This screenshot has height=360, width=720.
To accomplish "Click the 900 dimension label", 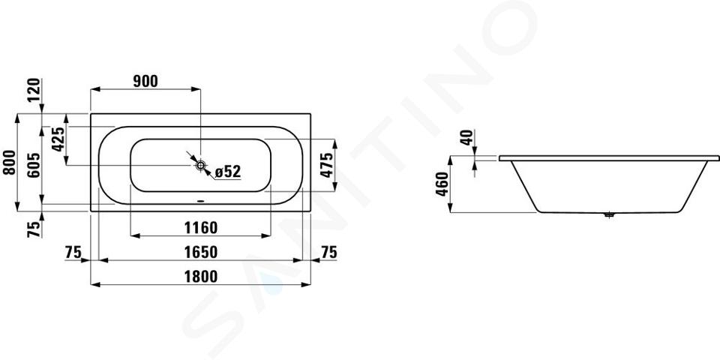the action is point(145,81).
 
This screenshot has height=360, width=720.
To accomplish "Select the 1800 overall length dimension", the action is point(201,277).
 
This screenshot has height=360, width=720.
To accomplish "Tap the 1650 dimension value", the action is point(201,252).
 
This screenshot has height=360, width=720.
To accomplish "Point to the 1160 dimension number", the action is point(201,227).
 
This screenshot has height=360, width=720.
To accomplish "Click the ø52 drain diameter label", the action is point(228,172).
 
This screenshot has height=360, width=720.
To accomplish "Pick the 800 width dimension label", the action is point(10,162).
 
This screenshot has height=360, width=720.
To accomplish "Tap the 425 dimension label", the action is point(58,139).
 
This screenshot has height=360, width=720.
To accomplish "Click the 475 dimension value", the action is point(326,165).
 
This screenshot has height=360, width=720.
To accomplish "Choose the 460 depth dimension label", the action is point(442,184).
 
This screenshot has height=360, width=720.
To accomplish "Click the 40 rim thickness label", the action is point(467,138).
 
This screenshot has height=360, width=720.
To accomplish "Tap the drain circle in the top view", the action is point(201,165).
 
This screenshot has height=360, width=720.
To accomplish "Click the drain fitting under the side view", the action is point(609,214).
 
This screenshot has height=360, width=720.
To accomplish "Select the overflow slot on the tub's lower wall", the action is point(201,201).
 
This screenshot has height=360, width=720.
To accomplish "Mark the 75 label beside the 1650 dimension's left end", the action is point(73,252).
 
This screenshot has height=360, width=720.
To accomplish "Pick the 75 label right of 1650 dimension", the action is point(328,252).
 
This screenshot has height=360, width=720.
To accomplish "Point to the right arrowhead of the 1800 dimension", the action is point(306,285).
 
